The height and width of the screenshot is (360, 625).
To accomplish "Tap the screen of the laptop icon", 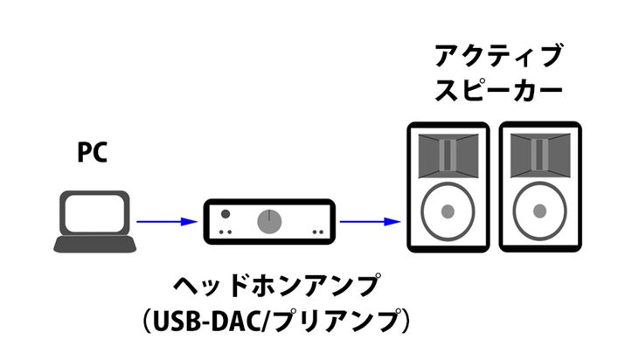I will tap(95, 211).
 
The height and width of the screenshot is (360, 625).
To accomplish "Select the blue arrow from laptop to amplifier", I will tap(166, 222).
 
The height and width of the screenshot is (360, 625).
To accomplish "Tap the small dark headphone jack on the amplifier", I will tap(226, 213).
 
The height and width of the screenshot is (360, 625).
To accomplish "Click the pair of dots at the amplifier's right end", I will tap(318, 232).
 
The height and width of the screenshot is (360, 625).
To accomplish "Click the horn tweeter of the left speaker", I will tap(448, 156).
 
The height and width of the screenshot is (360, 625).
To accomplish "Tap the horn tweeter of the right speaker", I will tap(539, 156).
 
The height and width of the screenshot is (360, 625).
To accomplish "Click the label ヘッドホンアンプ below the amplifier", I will tap(274, 286).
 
